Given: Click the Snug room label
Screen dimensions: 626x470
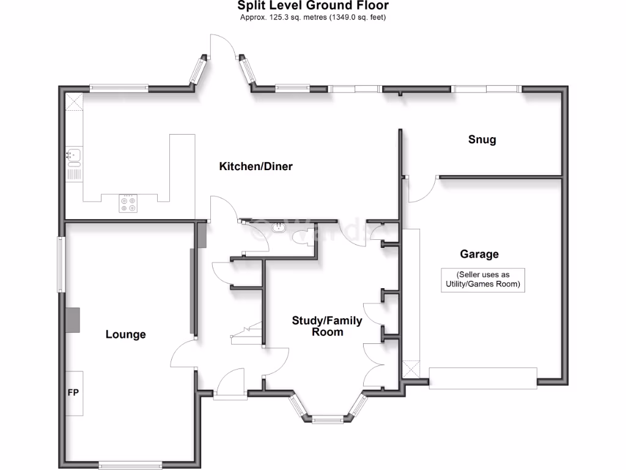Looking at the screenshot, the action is click(482, 140).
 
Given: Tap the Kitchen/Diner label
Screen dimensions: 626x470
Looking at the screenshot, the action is click(256, 166).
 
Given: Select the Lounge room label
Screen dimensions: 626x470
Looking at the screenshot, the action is click(126, 334).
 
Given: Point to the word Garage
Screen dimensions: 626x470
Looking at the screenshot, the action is click(479, 254).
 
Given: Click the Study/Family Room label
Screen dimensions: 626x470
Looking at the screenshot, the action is click(327, 326).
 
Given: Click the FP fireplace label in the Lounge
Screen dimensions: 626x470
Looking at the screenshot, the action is click(73, 392).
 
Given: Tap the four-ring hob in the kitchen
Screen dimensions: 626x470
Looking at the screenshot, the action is click(128, 204).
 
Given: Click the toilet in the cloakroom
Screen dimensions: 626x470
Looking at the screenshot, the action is click(301, 237).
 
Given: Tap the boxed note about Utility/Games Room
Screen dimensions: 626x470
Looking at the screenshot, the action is click(483, 280).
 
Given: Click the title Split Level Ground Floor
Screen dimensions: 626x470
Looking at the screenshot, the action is click(312, 6).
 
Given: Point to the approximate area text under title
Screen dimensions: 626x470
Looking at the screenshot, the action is click(312, 17).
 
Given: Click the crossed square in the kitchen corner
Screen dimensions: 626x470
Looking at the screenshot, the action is click(75, 101).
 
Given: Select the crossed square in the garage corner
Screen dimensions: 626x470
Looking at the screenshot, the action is click(411, 370).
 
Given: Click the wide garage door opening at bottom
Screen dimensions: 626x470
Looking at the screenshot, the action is click(483, 378).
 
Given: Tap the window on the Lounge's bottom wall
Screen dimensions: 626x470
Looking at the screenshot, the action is click(130, 464).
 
